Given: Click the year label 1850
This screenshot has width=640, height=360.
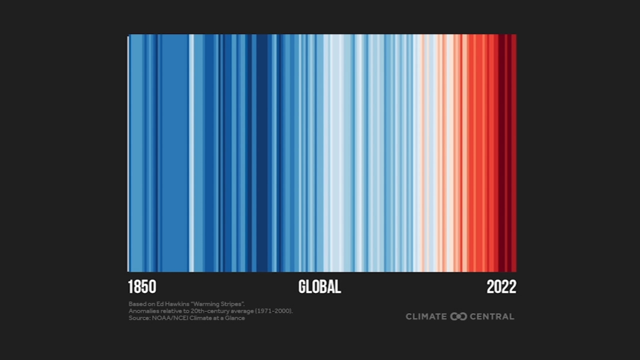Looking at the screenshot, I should [x=142, y=287].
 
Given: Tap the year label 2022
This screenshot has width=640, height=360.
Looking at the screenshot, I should [x=501, y=287].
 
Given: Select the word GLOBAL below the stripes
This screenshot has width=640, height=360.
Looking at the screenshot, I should [x=319, y=287].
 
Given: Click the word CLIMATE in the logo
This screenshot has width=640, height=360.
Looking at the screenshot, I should [x=426, y=316].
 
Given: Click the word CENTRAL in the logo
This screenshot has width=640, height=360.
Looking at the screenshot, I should [x=492, y=316].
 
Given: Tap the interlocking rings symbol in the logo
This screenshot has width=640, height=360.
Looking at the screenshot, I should [x=458, y=316].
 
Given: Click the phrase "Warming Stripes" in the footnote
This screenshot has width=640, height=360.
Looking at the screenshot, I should [x=218, y=304].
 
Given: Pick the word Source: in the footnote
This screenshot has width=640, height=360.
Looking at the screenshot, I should [x=139, y=318].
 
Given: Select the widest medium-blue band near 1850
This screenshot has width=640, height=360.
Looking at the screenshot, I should [x=174, y=152].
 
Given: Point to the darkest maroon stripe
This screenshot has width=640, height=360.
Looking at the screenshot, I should [x=501, y=152].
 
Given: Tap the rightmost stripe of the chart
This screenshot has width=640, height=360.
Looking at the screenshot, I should [x=514, y=152].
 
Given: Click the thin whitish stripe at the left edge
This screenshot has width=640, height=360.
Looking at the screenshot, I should [x=128, y=152].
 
